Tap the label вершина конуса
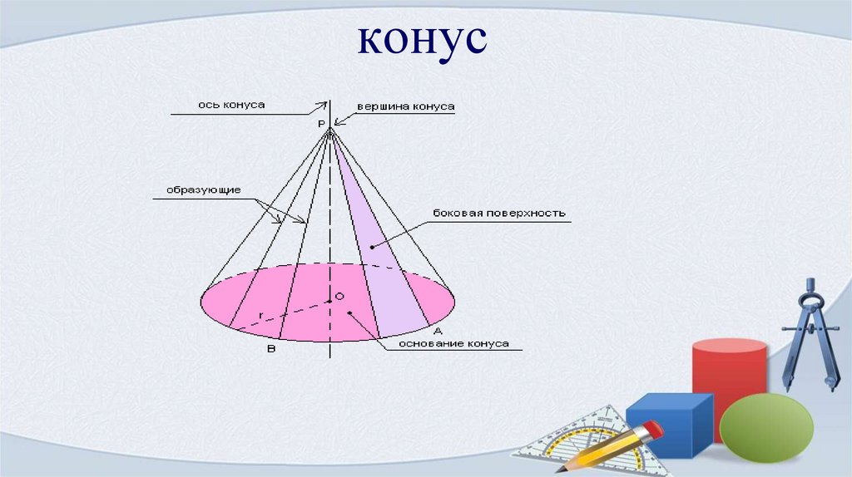click(x=405, y=107)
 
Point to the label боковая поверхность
click(x=499, y=213)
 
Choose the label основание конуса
click(x=453, y=342)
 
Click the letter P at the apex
click(x=321, y=123)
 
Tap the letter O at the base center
click(x=339, y=297)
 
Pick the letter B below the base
click(x=270, y=350)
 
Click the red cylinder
click(x=728, y=374)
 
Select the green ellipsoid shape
click(x=765, y=428)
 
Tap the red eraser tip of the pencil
click(x=652, y=430)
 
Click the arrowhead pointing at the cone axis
click(x=322, y=106)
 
